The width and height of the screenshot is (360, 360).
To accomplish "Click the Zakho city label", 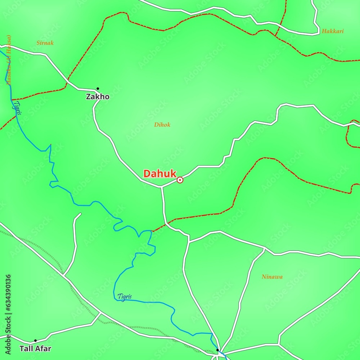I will pos(98,97).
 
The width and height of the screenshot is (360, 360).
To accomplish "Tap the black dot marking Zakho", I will pos(98,88).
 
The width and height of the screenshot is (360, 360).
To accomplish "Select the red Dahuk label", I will pos(160,174).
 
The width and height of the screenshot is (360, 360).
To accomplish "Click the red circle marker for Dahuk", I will pos(180,180).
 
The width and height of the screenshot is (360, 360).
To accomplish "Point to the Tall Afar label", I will pos(35,348).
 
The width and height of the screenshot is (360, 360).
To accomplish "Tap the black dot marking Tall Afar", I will pos(35,340).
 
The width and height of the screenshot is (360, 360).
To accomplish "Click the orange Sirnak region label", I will pos(45,43).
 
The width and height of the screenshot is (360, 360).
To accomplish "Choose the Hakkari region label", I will pos(333,31).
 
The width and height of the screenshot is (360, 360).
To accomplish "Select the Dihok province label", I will pos(162,125).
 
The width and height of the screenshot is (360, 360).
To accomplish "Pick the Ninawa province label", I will pos(272,277).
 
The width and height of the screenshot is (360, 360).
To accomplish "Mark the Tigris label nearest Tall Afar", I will pos(125,297).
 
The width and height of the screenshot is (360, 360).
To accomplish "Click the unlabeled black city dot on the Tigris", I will pos(217,350).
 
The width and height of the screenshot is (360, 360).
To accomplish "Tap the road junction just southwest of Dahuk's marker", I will pos(161,187).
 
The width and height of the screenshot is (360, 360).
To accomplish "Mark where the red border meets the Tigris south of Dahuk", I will pos(152,231).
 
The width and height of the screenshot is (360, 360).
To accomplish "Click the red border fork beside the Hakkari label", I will pos(275,36).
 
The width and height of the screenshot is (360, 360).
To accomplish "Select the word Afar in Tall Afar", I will pos(43,348).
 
